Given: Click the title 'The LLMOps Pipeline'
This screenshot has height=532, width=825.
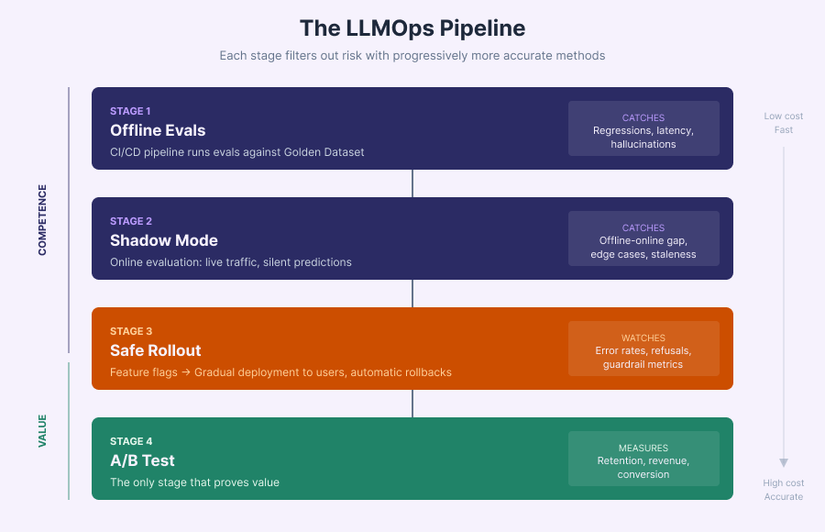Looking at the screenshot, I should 412,28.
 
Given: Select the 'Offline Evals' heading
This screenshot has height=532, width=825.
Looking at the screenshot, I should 158,130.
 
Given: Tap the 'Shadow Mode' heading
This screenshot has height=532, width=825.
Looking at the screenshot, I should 164,240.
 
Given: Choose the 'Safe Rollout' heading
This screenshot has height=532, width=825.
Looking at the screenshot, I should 156,350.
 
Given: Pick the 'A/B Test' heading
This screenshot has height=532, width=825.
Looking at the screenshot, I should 142,460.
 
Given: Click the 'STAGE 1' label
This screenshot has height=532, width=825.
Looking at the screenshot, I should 131,111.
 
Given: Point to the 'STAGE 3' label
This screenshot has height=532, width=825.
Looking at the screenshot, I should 131,331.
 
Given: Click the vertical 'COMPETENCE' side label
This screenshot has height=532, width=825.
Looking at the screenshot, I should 42,220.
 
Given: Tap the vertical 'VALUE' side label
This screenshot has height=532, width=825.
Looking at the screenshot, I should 42,430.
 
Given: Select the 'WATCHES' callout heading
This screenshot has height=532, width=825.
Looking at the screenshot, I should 643,338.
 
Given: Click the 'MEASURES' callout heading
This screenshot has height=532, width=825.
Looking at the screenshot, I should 643,448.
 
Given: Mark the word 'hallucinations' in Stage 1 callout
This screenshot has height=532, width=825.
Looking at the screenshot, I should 643,144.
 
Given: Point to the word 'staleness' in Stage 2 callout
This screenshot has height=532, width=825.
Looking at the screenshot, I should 674,254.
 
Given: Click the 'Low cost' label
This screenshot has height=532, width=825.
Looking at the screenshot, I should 784,116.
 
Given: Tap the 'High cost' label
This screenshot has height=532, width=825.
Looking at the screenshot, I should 784,483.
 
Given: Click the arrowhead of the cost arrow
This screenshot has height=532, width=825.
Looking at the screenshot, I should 784,463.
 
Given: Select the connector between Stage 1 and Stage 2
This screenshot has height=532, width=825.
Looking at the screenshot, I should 412,183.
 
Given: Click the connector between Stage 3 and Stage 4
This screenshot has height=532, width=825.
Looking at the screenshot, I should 412,404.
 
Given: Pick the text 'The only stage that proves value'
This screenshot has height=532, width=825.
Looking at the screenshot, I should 194,482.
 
